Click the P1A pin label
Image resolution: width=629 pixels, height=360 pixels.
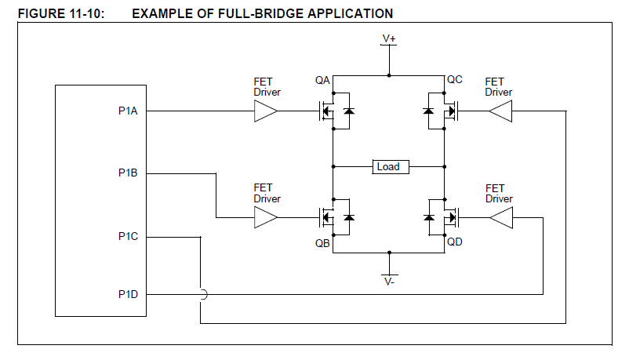coord(128,111)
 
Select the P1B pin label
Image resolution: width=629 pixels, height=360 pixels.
coord(128,173)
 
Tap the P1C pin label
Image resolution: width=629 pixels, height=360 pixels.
coord(128,235)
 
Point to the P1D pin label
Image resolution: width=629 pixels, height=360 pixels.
coord(128,294)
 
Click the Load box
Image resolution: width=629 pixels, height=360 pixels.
coord(388,166)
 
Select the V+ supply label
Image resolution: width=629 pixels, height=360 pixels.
coord(389,38)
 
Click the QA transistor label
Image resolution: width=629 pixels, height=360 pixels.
coord(322,80)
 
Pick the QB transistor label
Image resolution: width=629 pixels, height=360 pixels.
coord(322,242)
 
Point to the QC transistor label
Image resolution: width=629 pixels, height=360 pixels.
coord(455,80)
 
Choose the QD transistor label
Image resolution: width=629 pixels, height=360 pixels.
coord(455,242)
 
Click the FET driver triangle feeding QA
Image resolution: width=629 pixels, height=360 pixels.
coord(265,112)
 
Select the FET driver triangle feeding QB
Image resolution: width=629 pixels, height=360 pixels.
coord(265,218)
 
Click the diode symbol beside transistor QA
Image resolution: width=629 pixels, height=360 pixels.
coord(348,112)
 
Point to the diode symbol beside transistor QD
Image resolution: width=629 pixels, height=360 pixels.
coord(429,218)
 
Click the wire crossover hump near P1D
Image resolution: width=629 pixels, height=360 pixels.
coord(202,295)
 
